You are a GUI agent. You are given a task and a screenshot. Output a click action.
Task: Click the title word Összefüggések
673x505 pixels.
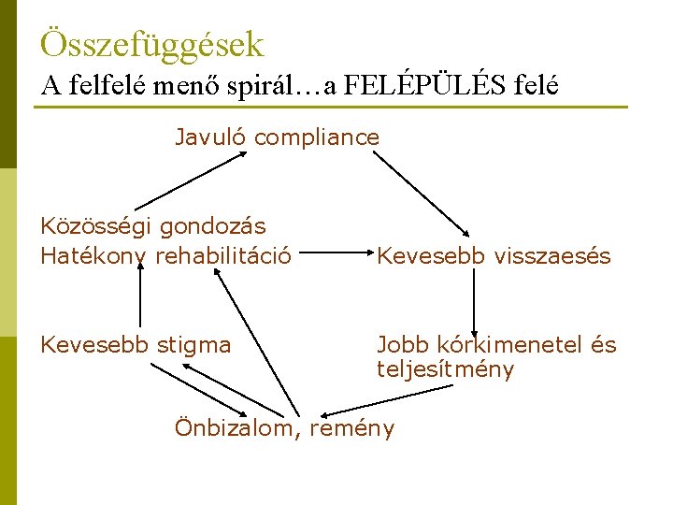click(x=152, y=44)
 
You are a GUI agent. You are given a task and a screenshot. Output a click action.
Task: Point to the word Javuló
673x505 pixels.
click(x=211, y=137)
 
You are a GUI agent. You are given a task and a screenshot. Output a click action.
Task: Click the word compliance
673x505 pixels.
click(x=317, y=138)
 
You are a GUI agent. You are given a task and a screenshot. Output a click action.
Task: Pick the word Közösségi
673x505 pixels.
click(x=96, y=225)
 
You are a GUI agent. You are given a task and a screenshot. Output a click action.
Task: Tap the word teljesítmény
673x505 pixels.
click(x=446, y=369)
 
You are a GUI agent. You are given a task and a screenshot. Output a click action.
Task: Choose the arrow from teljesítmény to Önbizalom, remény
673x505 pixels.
click(x=387, y=400)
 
